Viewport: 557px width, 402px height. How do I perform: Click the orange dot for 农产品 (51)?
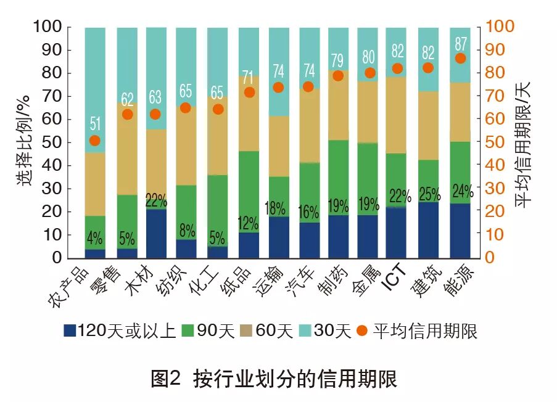(94, 141)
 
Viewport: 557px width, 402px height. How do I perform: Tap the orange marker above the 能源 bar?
(460, 59)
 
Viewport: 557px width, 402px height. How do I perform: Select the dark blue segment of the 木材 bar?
(155, 234)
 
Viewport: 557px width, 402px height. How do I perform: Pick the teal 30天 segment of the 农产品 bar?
(94, 89)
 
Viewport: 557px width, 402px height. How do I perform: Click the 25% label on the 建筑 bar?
(429, 194)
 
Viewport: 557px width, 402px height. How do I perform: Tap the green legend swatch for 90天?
(201, 332)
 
